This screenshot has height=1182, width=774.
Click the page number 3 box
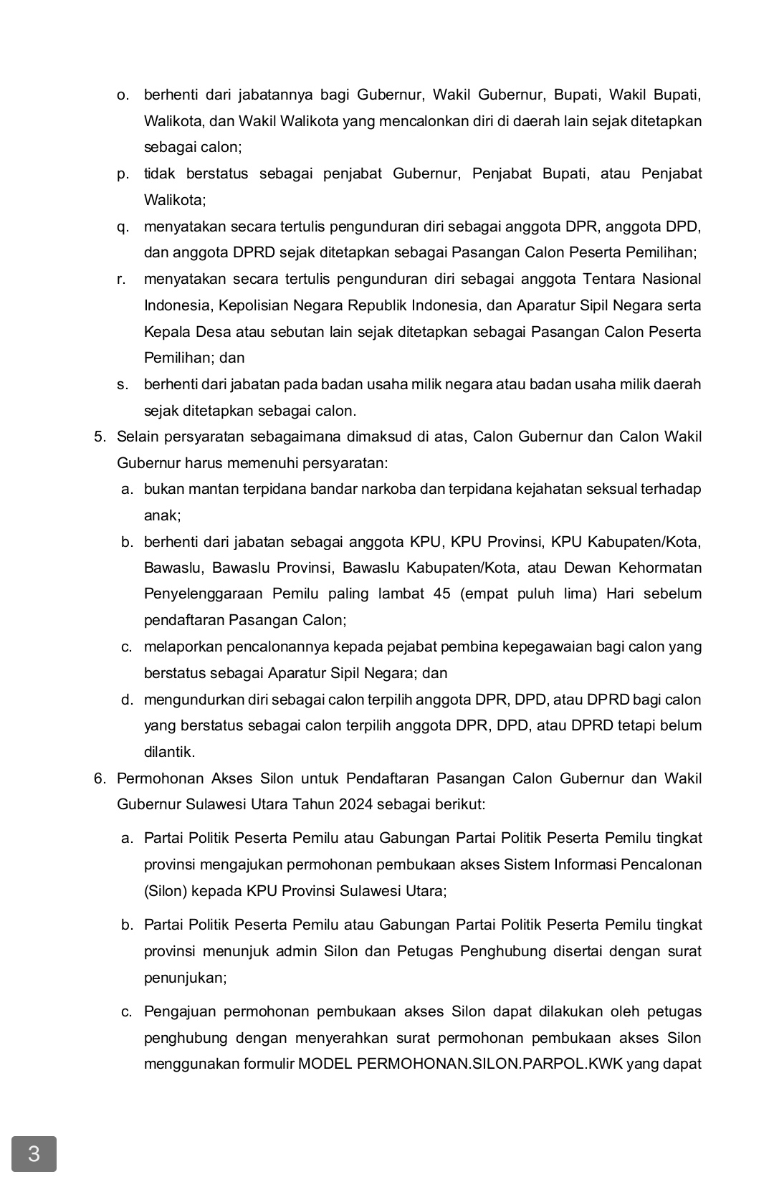pyautogui.click(x=34, y=1153)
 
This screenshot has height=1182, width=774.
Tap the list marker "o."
pyautogui.click(x=123, y=95)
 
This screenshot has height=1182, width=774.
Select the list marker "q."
pyautogui.click(x=123, y=227)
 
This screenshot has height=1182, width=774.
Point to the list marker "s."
pyautogui.click(x=123, y=385)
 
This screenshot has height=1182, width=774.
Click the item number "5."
pyautogui.click(x=100, y=437)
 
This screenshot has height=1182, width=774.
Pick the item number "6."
pyautogui.click(x=100, y=778)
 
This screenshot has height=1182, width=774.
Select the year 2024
pyautogui.click(x=356, y=804)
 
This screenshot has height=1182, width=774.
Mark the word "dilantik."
pyautogui.click(x=169, y=753)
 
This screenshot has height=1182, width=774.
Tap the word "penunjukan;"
pyautogui.click(x=185, y=978)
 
